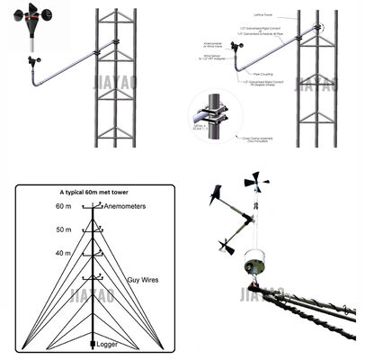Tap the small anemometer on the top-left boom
tap(37, 59)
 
